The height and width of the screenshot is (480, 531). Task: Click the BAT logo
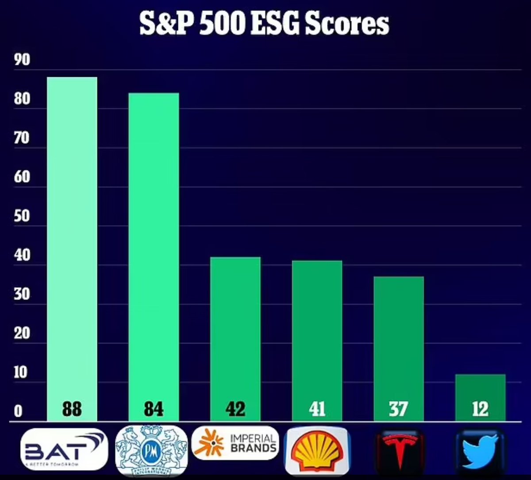(65, 449)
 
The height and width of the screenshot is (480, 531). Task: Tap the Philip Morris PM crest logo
(151, 451)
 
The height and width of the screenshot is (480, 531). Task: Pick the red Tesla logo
(400, 450)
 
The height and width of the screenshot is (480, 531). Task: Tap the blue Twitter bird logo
(480, 450)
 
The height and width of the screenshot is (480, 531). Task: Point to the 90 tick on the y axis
(22, 60)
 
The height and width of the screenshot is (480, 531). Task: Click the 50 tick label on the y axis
(22, 217)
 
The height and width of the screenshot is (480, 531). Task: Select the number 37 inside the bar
(398, 409)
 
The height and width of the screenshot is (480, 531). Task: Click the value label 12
(480, 409)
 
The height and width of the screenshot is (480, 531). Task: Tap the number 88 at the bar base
(72, 409)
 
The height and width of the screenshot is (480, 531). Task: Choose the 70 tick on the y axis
(22, 138)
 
